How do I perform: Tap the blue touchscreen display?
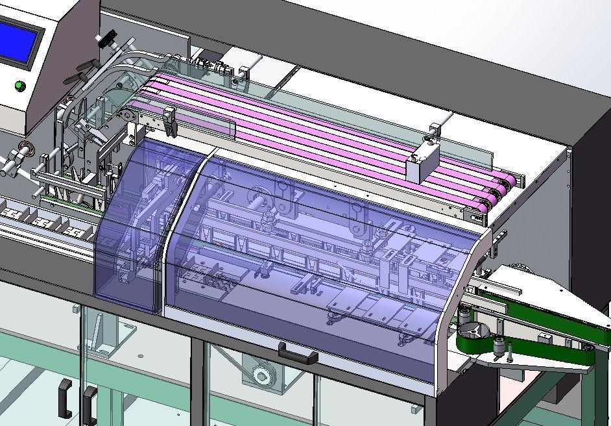(x=18, y=40)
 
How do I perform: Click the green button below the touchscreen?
(x=19, y=85)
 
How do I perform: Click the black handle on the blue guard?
(x=298, y=354)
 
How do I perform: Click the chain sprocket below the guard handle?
(x=262, y=375)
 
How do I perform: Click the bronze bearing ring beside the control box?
(x=27, y=147)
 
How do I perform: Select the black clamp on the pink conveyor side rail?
(x=169, y=121)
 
